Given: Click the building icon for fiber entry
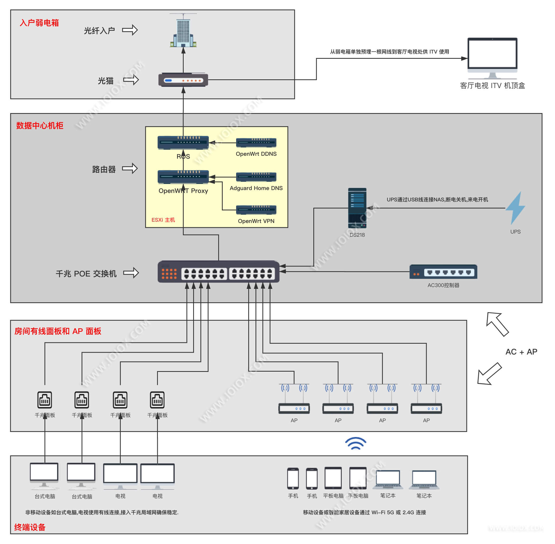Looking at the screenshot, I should [183, 31].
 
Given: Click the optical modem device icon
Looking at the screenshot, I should [183, 80].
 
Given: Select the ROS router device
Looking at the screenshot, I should [183, 142].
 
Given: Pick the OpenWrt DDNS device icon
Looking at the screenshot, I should [256, 142].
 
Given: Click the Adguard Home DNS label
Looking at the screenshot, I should [256, 188].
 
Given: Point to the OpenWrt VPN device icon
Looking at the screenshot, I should [256, 210].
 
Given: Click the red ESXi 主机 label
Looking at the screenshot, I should [163, 220].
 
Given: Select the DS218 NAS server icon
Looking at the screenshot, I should [357, 208].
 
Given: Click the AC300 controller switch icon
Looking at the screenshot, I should [443, 272].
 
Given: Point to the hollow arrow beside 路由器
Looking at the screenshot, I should [130, 169].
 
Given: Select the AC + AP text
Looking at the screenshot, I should [521, 352].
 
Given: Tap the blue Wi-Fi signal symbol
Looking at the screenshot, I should [356, 443].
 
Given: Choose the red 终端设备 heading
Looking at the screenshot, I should [30, 527].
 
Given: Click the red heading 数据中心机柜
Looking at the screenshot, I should [40, 126].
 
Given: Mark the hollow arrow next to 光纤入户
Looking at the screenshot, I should [130, 30].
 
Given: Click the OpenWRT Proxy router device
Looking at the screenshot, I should [183, 177].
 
